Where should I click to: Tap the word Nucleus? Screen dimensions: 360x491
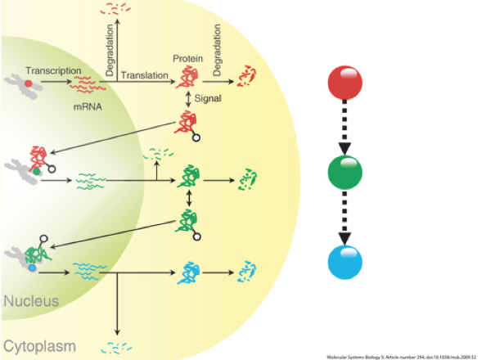31,301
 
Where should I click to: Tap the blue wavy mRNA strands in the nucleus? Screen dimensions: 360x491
89,268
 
